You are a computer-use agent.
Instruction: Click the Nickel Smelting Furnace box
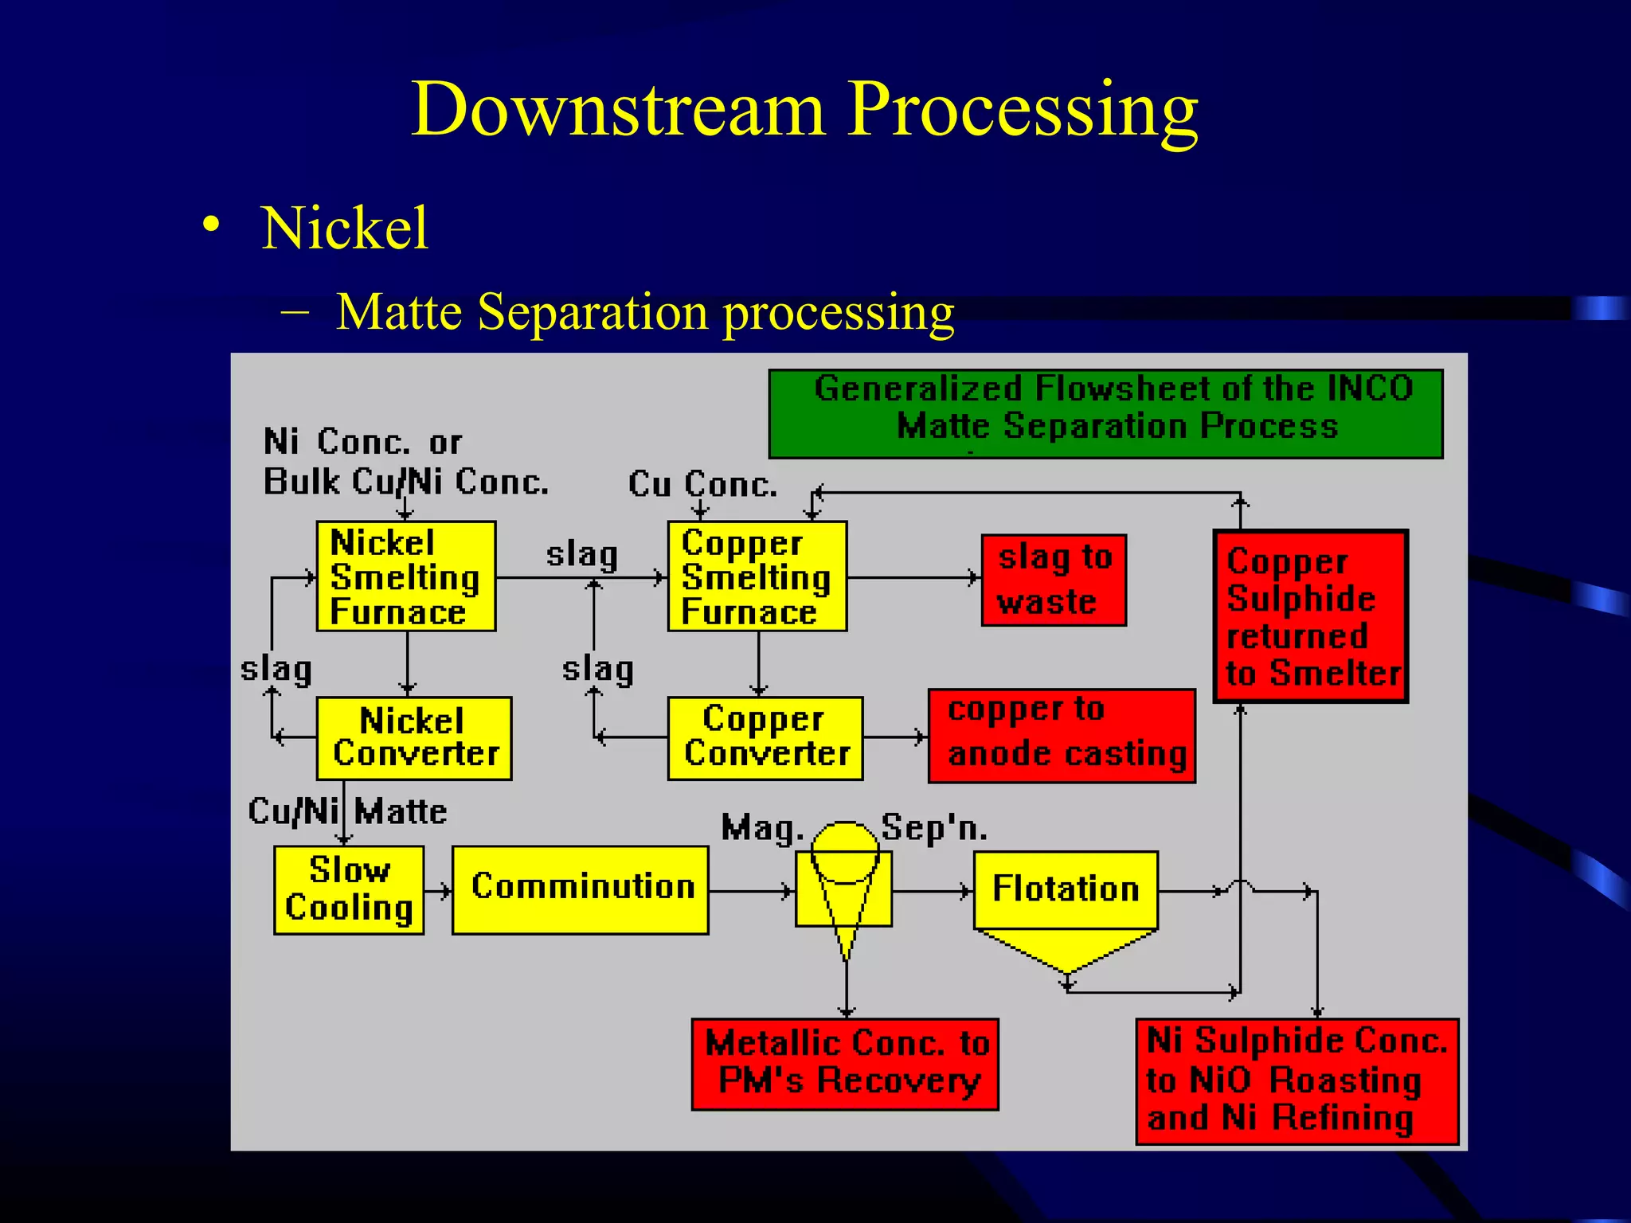pos(405,576)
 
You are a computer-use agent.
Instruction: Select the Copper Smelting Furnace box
pos(757,576)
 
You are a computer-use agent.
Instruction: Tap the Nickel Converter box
pos(413,738)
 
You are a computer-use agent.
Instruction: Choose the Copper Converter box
pos(765,738)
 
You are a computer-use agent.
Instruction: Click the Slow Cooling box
pos(349,889)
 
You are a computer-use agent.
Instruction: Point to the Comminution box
pos(580,889)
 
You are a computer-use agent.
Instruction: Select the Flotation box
pos(1066,889)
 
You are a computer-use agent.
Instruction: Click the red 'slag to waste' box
pos(1054,580)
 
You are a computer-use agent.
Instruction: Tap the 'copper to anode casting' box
pos(1062,736)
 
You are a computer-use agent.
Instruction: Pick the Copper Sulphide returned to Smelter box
pos(1311,616)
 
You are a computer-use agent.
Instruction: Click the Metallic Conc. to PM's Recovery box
pos(845,1064)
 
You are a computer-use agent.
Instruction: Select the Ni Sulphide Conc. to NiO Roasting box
pos(1297,1080)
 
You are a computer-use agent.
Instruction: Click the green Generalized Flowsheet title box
pos(1105,413)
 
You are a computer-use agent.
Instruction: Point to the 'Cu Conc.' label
pos(702,484)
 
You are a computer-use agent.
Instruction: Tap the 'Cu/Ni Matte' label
pos(347,811)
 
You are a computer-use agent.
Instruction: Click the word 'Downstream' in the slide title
pos(618,109)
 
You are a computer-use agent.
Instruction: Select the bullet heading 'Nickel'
pos(345,229)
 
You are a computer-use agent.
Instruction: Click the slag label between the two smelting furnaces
pos(581,554)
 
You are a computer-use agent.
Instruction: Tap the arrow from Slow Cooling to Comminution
pos(438,891)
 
